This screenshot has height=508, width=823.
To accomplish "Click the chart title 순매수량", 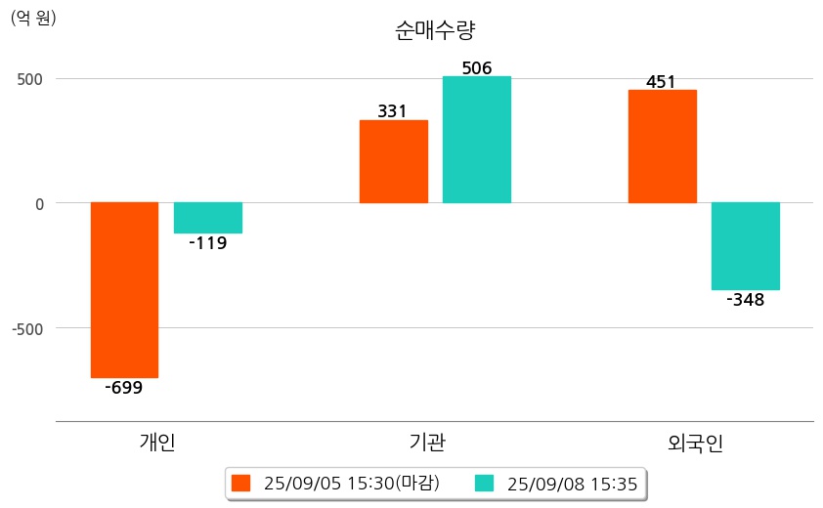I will pyautogui.click(x=435, y=30).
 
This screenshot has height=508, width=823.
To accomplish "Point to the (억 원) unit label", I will pyautogui.click(x=33, y=18).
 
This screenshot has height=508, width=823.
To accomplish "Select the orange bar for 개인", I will pyautogui.click(x=124, y=289).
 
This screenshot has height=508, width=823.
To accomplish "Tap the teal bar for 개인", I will pyautogui.click(x=208, y=218).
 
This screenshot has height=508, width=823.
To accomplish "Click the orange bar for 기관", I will pyautogui.click(x=393, y=161).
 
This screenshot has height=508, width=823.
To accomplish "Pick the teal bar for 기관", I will pyautogui.click(x=476, y=140).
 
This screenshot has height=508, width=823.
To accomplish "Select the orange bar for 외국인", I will pyautogui.click(x=662, y=147).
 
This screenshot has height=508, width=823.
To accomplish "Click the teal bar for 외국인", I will pyautogui.click(x=745, y=246).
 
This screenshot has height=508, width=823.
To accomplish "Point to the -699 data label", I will pyautogui.click(x=124, y=388).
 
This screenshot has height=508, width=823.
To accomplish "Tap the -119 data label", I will pyautogui.click(x=207, y=243).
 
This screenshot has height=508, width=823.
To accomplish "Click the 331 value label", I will pyautogui.click(x=392, y=111).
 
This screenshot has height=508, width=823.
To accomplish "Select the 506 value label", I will pyautogui.click(x=476, y=67).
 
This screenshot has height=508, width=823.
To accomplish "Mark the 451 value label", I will pyautogui.click(x=661, y=82).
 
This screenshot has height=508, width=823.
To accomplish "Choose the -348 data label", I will pyautogui.click(x=745, y=300).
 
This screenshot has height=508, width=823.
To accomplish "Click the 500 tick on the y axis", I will pyautogui.click(x=30, y=78).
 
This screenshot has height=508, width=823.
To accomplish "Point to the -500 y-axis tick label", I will pyautogui.click(x=27, y=328).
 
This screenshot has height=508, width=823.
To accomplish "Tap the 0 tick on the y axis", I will pyautogui.click(x=40, y=203).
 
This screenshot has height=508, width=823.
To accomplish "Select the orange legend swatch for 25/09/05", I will pyautogui.click(x=240, y=483).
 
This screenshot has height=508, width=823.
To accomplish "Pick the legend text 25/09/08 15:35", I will pyautogui.click(x=573, y=483).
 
